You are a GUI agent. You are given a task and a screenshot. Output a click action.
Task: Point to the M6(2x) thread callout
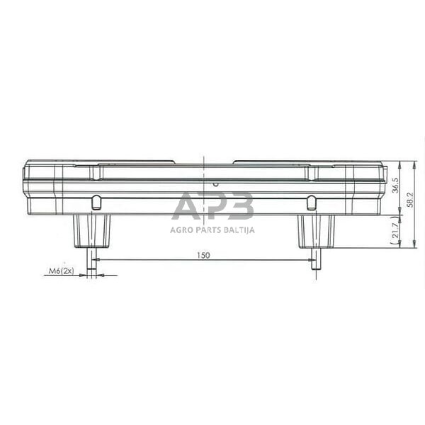[x=61, y=271]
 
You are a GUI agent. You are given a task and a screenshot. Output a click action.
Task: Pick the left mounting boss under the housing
[x=92, y=230]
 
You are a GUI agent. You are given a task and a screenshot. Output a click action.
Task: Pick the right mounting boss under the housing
[x=316, y=230]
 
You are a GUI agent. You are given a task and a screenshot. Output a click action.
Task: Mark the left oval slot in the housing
[x=96, y=203]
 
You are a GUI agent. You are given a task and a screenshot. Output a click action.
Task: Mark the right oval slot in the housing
[x=311, y=203]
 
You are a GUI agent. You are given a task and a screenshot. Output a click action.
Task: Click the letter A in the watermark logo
[x=186, y=206]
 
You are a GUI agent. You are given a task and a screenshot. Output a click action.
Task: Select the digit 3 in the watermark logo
[x=239, y=206]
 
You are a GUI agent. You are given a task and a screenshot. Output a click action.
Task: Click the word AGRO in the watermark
[x=182, y=229]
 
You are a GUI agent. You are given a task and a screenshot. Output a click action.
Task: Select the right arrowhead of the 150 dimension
[x=311, y=260]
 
